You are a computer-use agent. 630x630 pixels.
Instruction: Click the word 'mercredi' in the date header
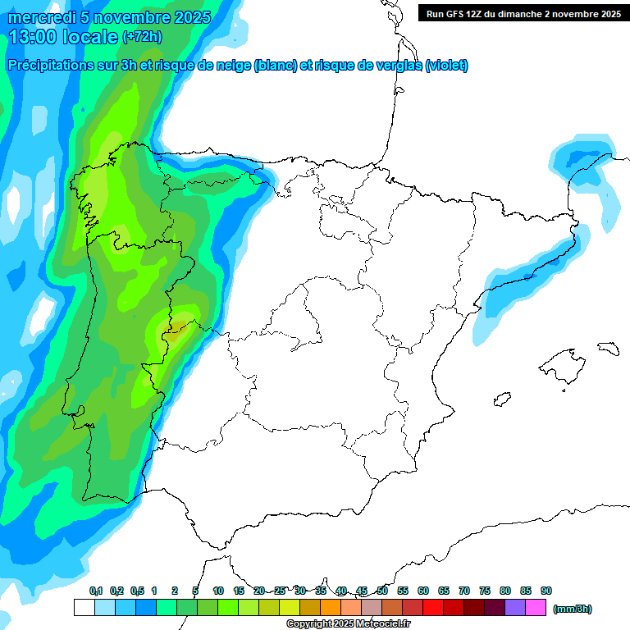[43, 17]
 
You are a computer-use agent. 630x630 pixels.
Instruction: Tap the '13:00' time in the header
[34, 36]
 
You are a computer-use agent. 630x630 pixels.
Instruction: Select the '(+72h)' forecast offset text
[143, 36]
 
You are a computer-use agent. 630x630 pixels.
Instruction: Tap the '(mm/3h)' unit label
[573, 609]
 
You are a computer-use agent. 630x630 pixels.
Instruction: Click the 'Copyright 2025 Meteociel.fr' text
[348, 624]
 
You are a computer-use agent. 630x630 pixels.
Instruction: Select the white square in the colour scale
[84, 608]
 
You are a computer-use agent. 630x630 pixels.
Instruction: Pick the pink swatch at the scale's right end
[536, 608]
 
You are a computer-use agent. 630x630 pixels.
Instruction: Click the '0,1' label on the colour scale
[95, 591]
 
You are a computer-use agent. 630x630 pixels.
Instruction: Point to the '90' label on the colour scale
[546, 591]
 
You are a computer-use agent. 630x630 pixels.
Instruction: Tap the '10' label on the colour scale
[218, 591]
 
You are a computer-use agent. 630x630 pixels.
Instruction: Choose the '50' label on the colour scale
[382, 591]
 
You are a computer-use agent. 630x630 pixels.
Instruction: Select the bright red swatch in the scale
[433, 608]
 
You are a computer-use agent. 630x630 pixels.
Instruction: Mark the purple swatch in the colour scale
[515, 608]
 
